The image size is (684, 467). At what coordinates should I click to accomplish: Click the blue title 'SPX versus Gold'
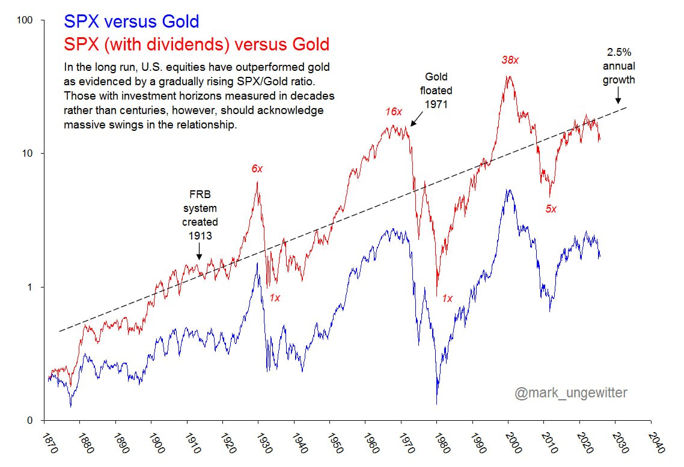click(131, 22)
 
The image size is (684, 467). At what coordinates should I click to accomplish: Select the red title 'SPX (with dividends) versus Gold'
click(196, 44)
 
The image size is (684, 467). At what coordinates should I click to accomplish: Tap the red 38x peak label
click(510, 60)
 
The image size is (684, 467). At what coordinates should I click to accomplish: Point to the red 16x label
click(393, 112)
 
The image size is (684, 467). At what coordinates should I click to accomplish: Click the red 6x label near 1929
click(257, 169)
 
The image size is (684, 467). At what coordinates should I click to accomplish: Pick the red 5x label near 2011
click(551, 209)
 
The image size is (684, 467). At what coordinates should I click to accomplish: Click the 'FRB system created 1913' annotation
click(200, 215)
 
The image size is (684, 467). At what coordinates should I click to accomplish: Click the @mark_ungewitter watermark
click(570, 393)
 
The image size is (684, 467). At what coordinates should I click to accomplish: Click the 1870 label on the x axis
click(47, 436)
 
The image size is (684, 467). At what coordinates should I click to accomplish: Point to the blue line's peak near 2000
click(509, 190)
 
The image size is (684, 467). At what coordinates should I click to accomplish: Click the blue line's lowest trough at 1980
click(436, 403)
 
